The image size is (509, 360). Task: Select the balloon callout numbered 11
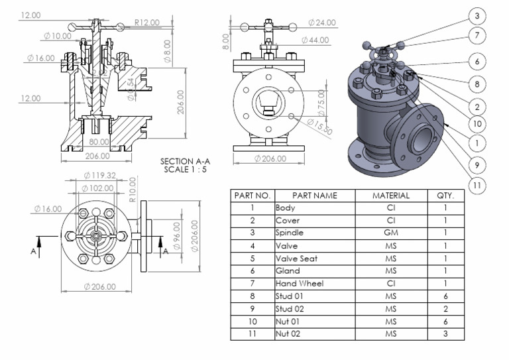click(x=477, y=185)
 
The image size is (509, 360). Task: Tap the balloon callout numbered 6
click(x=477, y=61)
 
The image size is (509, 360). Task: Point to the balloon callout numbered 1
click(x=477, y=141)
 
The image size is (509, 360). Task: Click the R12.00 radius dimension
click(x=146, y=23)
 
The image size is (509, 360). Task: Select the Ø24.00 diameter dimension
click(x=322, y=23)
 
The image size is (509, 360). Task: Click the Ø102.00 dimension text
click(x=97, y=188)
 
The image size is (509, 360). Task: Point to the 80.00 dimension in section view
click(x=99, y=142)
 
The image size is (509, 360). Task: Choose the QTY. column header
click(x=445, y=196)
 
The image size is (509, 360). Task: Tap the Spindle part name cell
click(x=290, y=233)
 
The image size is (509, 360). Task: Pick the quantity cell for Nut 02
click(x=445, y=334)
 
